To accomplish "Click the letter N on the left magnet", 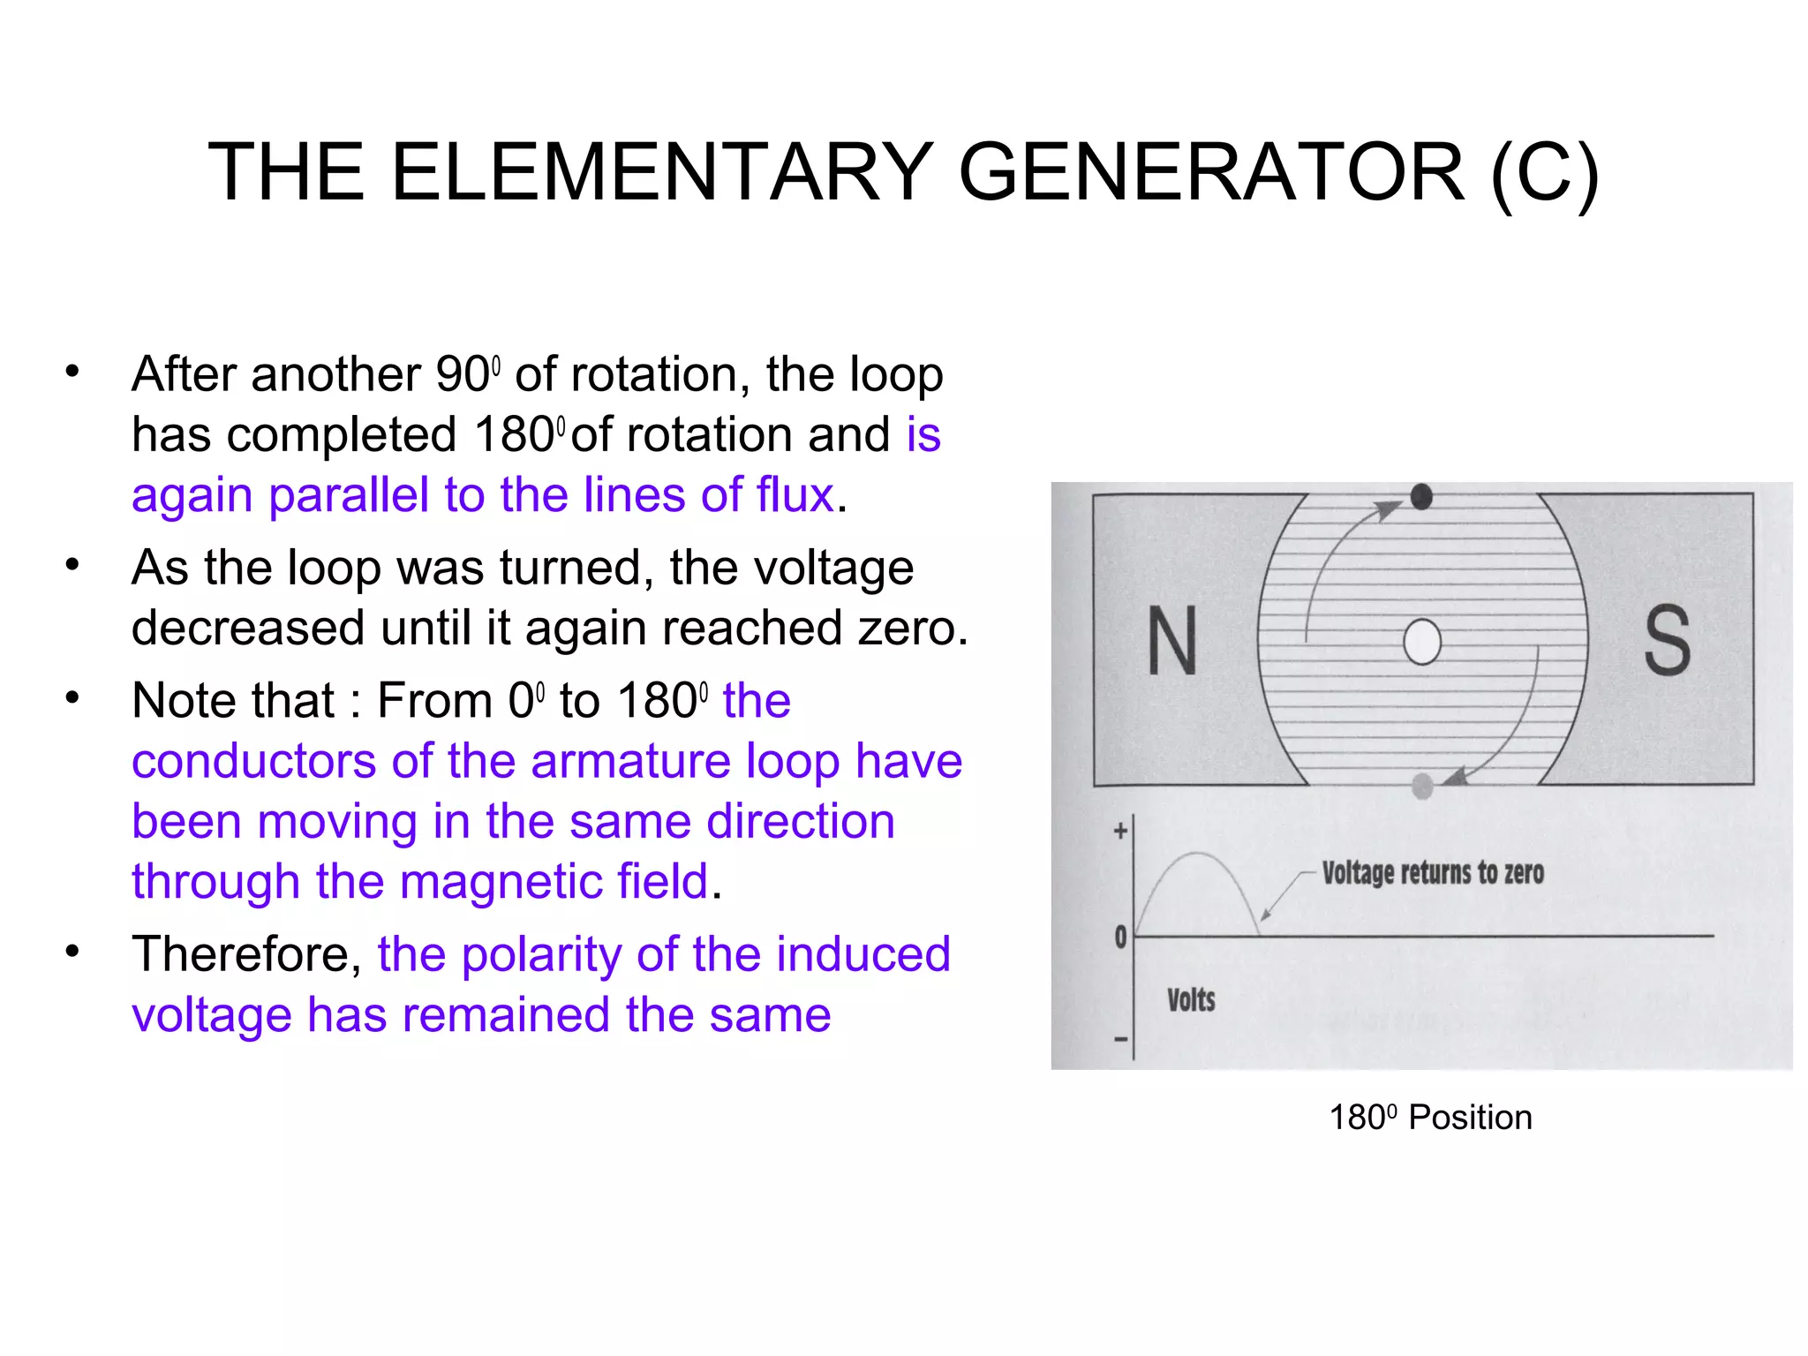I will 1172,641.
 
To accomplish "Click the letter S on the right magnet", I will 1667,641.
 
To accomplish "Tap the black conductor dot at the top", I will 1421,497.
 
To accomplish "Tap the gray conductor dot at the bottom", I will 1422,785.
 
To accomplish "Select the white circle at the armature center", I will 1422,642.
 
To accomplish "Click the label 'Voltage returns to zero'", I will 1433,873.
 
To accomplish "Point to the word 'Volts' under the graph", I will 1191,1000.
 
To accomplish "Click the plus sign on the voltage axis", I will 1120,831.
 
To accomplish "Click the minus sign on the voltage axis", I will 1120,1039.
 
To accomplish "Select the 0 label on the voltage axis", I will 1120,937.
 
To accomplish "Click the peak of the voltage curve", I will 1197,854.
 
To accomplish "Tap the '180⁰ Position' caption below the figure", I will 1430,1118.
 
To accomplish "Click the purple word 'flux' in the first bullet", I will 795,494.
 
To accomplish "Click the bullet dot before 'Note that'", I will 72,699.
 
